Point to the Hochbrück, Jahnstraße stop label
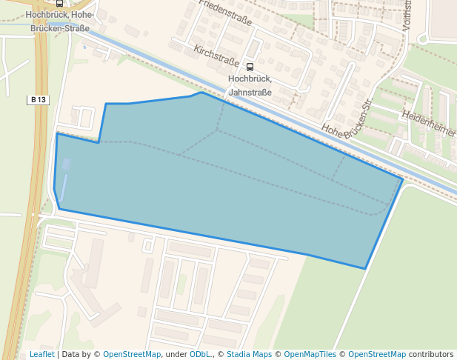pyautogui.click(x=250, y=85)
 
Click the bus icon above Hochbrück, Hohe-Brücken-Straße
pyautogui.click(x=59, y=4)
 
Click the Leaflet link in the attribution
pyautogui.click(x=41, y=354)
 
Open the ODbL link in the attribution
pyautogui.click(x=200, y=354)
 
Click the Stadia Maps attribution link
pyautogui.click(x=249, y=354)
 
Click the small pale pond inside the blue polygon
pyautogui.click(x=67, y=164)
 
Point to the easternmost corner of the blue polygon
pyautogui.click(x=402, y=179)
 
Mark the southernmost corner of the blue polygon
pyautogui.click(x=365, y=268)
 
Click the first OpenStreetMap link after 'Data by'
pyautogui.click(x=131, y=354)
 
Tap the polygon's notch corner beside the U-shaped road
pyautogui.click(x=99, y=142)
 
